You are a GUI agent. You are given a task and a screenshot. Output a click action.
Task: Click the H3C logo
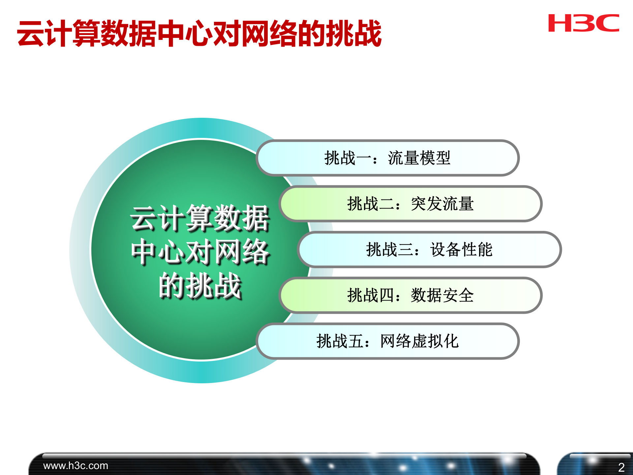(x=584, y=23)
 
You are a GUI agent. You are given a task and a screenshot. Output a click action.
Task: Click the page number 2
(x=621, y=467)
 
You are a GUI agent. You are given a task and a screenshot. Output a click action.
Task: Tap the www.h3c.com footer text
(x=75, y=465)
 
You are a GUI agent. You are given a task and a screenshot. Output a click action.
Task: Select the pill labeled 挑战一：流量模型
(x=387, y=158)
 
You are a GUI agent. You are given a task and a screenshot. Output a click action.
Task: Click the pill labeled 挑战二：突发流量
(x=410, y=204)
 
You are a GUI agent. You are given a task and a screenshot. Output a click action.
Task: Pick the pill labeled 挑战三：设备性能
(x=429, y=249)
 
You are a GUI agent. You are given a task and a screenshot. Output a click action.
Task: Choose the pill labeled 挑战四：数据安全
(x=410, y=295)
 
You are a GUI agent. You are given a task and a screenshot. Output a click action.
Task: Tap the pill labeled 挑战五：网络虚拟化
(x=387, y=341)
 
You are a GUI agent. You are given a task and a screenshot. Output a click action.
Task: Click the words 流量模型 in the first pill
(x=419, y=158)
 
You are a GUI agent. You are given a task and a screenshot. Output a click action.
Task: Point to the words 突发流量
(x=442, y=204)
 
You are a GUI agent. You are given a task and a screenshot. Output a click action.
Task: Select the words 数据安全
(x=442, y=295)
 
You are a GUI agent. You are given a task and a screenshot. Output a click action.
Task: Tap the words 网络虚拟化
(x=419, y=341)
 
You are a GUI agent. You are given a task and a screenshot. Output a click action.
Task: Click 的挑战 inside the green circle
(x=200, y=286)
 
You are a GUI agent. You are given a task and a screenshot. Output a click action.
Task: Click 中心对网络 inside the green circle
(x=200, y=252)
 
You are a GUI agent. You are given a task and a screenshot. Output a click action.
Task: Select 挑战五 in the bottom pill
(x=340, y=341)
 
